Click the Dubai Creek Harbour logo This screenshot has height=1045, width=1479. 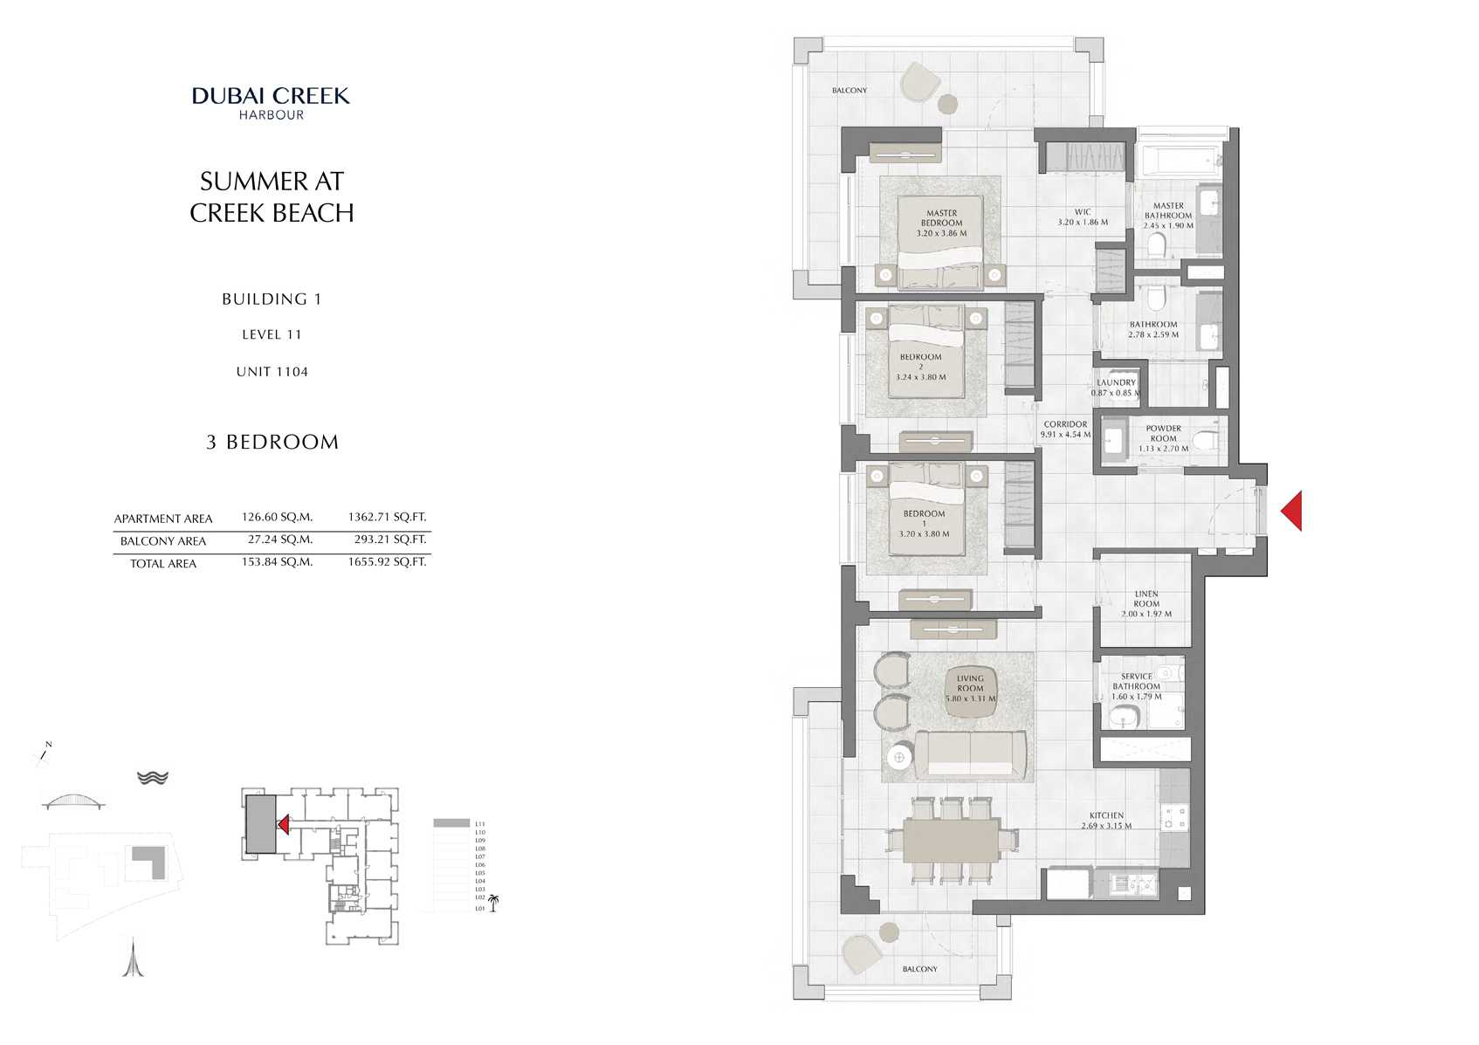click(271, 102)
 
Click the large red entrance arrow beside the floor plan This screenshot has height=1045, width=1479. click(1293, 511)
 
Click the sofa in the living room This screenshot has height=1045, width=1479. click(969, 755)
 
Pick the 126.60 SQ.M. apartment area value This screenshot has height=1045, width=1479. click(277, 517)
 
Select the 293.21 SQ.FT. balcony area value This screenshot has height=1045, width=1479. click(389, 540)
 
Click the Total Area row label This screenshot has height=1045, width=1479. click(163, 564)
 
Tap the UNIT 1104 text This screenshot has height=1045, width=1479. click(272, 372)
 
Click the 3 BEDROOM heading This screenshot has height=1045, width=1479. click(272, 443)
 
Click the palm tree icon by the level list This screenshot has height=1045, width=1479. click(493, 903)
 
